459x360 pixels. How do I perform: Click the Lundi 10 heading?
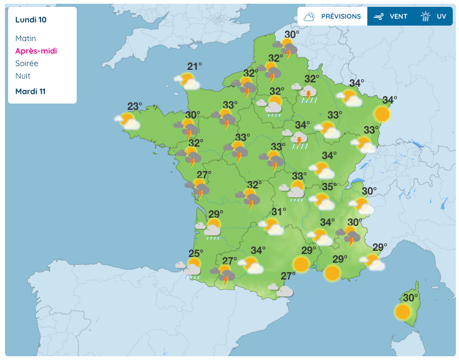31,19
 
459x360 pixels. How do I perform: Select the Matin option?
26,39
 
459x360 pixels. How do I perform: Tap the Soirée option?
27,64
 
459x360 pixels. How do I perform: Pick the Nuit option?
23,76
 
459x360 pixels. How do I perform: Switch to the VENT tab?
391,17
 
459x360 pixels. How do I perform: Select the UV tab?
435,17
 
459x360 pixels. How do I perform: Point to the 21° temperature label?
195,67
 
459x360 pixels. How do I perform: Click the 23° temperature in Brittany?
135,106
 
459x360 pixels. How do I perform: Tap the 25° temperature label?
196,253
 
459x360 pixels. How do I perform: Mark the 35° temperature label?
329,187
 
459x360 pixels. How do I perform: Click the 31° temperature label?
279,212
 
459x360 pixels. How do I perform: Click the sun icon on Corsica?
403,311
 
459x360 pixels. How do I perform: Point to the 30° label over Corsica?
410,298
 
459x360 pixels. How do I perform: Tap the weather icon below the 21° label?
188,81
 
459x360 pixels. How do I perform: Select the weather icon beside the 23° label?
128,120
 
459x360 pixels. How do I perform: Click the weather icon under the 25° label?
191,268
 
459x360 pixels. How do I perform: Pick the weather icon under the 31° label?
272,226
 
